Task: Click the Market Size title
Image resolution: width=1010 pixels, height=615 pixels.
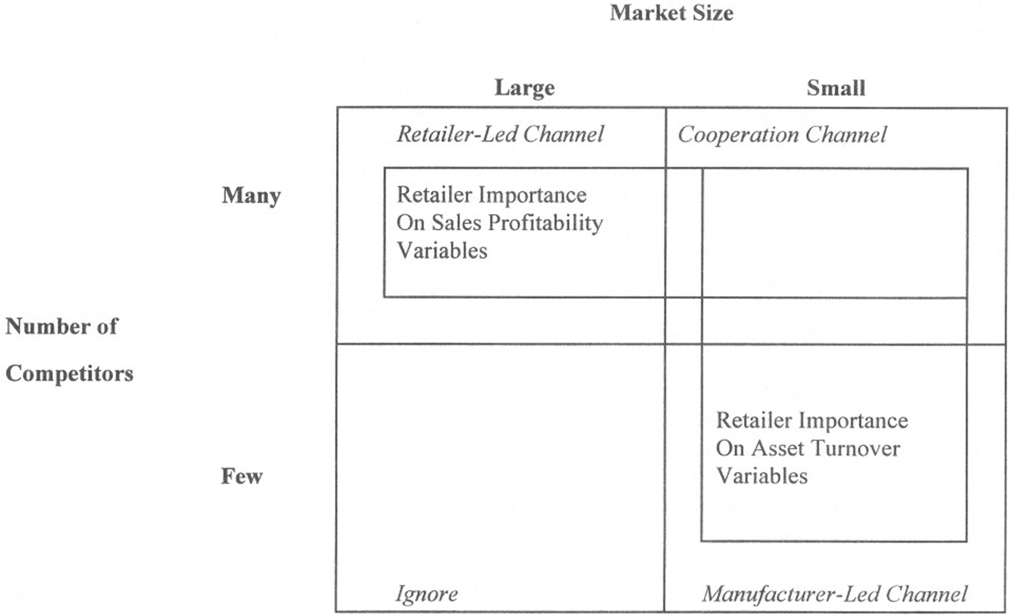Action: click(671, 13)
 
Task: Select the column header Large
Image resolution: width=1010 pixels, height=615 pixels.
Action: click(525, 87)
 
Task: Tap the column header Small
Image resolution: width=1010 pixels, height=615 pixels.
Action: click(836, 88)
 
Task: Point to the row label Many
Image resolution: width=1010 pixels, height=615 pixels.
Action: click(251, 195)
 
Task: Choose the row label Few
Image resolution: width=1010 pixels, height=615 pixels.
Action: click(241, 476)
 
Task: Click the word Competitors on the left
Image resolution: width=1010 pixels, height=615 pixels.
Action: click(70, 374)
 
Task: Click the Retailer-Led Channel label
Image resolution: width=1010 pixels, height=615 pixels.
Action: click(500, 134)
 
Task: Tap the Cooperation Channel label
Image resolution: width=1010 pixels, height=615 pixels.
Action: click(782, 135)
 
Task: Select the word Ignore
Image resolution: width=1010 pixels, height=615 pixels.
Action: click(426, 594)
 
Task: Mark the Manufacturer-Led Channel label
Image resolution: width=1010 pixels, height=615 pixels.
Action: click(834, 594)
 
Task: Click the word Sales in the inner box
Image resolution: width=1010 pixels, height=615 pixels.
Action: click(457, 223)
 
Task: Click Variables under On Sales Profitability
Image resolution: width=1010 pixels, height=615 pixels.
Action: click(442, 251)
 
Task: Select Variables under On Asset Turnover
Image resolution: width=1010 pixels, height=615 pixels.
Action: click(762, 476)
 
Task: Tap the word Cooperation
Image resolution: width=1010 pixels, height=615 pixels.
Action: click(737, 135)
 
